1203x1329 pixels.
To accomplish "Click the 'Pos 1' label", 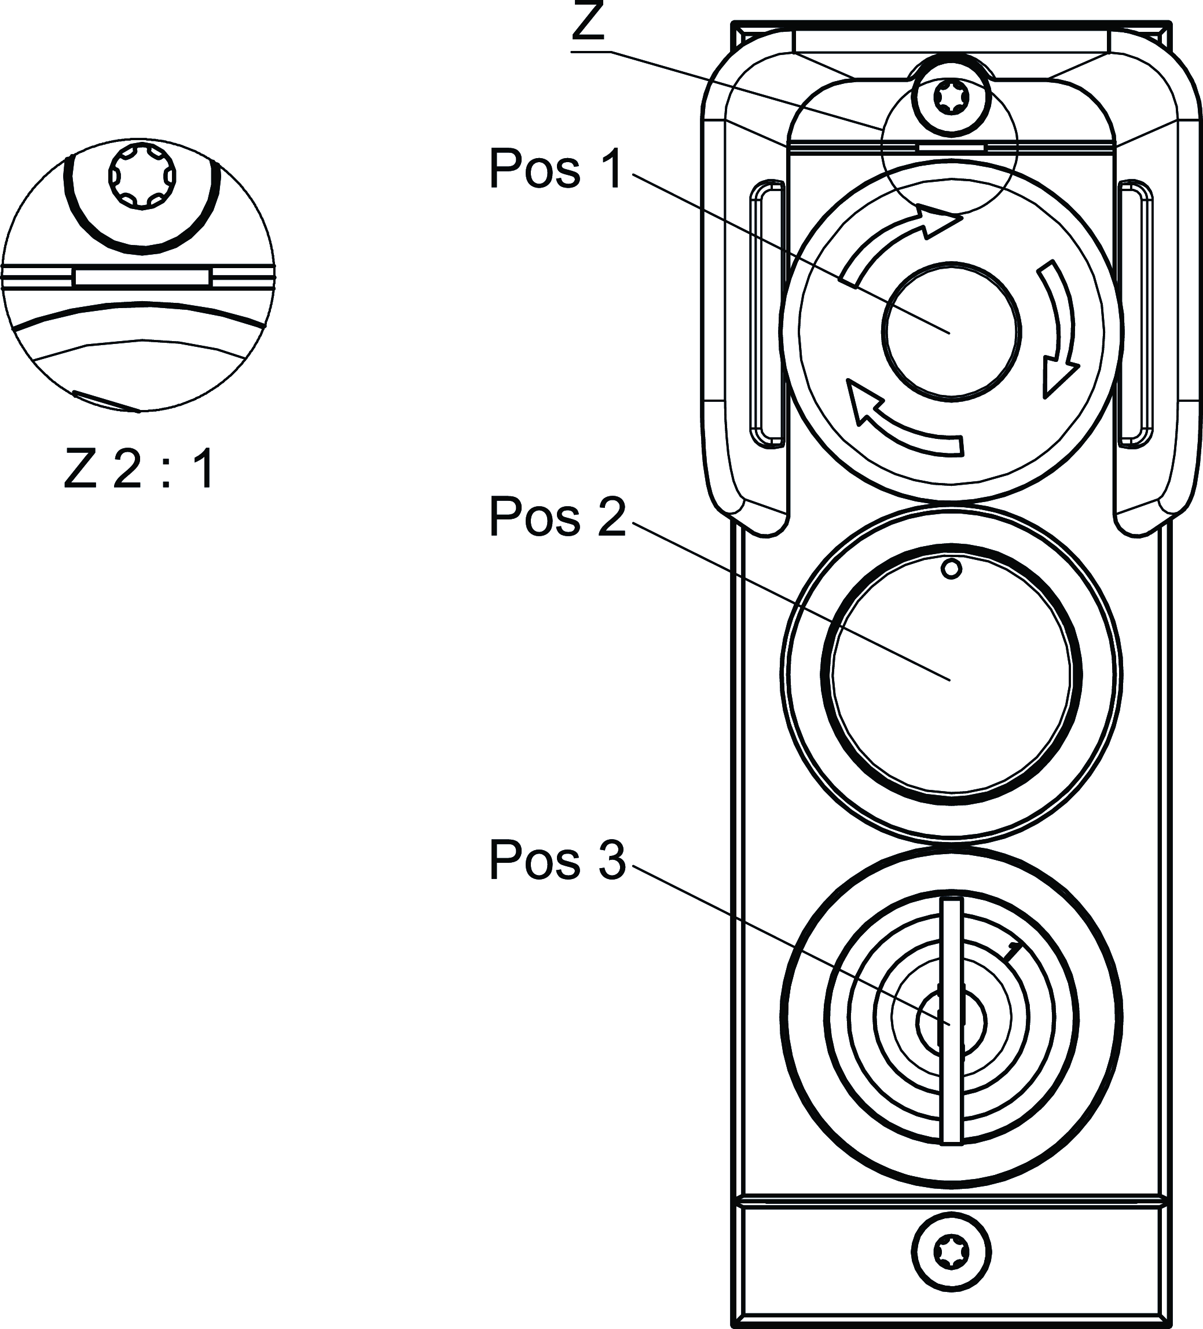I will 555,170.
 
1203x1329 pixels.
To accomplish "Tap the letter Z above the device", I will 588,23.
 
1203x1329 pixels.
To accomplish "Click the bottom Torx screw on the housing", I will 951,1251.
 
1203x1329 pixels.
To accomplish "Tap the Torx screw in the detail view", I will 142,176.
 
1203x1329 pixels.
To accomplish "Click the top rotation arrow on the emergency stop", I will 899,244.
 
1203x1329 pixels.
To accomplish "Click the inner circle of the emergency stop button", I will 951,331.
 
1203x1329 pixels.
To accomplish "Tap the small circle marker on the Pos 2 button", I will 951,568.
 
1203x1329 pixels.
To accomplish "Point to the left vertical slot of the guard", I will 766,313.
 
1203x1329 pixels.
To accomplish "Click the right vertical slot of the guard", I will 1135,313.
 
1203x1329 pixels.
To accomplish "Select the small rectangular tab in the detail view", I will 142,277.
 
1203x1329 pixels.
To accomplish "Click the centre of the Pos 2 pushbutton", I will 951,673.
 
